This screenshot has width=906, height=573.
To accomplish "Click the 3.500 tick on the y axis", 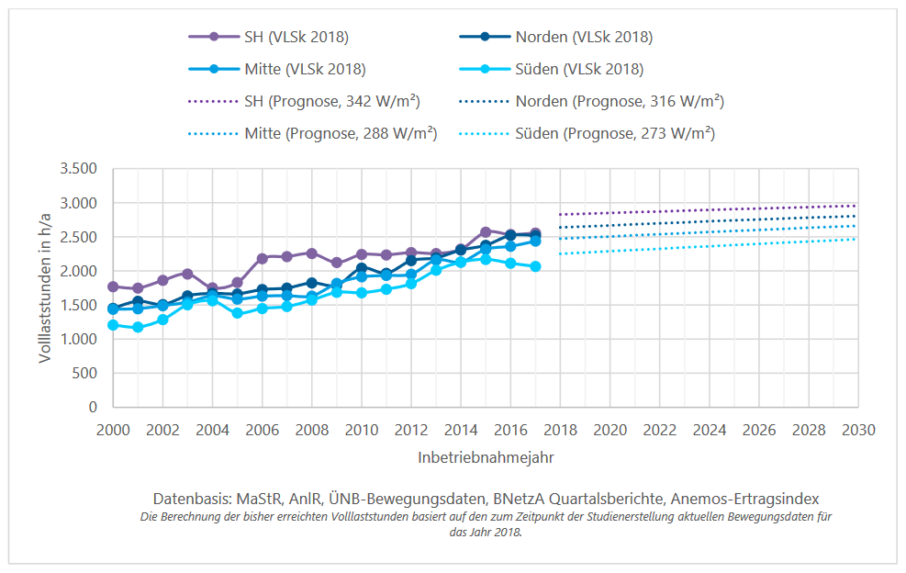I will tap(78, 169).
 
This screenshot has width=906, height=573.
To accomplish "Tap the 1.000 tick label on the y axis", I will tap(78, 340).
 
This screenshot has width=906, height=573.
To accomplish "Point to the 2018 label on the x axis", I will tap(560, 429).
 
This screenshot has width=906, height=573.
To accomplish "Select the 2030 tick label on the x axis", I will tap(857, 429).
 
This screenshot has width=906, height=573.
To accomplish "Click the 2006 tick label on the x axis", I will tap(263, 429).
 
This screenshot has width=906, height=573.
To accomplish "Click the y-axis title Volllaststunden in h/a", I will tap(45, 287).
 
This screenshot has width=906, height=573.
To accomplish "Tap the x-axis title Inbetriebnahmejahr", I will tap(486, 455).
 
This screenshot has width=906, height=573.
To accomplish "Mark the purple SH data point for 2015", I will tap(486, 232).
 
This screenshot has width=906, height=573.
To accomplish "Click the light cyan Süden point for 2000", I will tap(114, 324).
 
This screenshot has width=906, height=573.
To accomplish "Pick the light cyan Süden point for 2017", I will tap(535, 266).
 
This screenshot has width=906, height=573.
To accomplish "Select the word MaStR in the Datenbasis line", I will tap(260, 499).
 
